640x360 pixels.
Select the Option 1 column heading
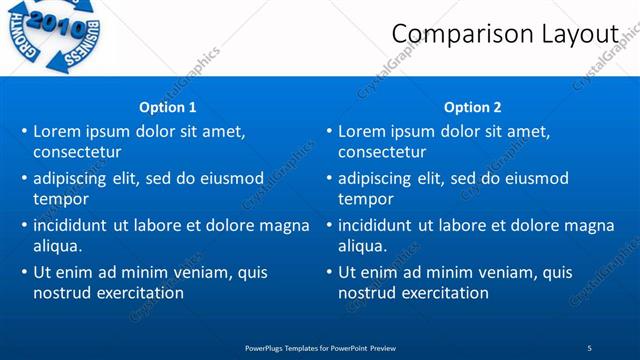pos(168,107)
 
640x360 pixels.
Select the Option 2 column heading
pos(472,107)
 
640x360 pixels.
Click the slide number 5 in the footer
pos(590,347)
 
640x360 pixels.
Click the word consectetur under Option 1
pos(77,152)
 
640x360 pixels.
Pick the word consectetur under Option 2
pos(382,152)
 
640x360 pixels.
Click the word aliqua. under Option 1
pos(57,246)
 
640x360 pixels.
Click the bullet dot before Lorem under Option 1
pos(24,132)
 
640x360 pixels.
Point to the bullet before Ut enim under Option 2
pos(329,272)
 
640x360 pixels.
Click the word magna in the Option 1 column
pos(285,225)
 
